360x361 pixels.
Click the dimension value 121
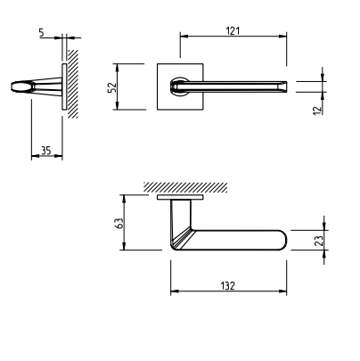click(x=233, y=30)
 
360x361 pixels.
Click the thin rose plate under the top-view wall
click(x=182, y=200)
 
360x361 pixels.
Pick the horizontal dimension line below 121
click(x=233, y=37)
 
